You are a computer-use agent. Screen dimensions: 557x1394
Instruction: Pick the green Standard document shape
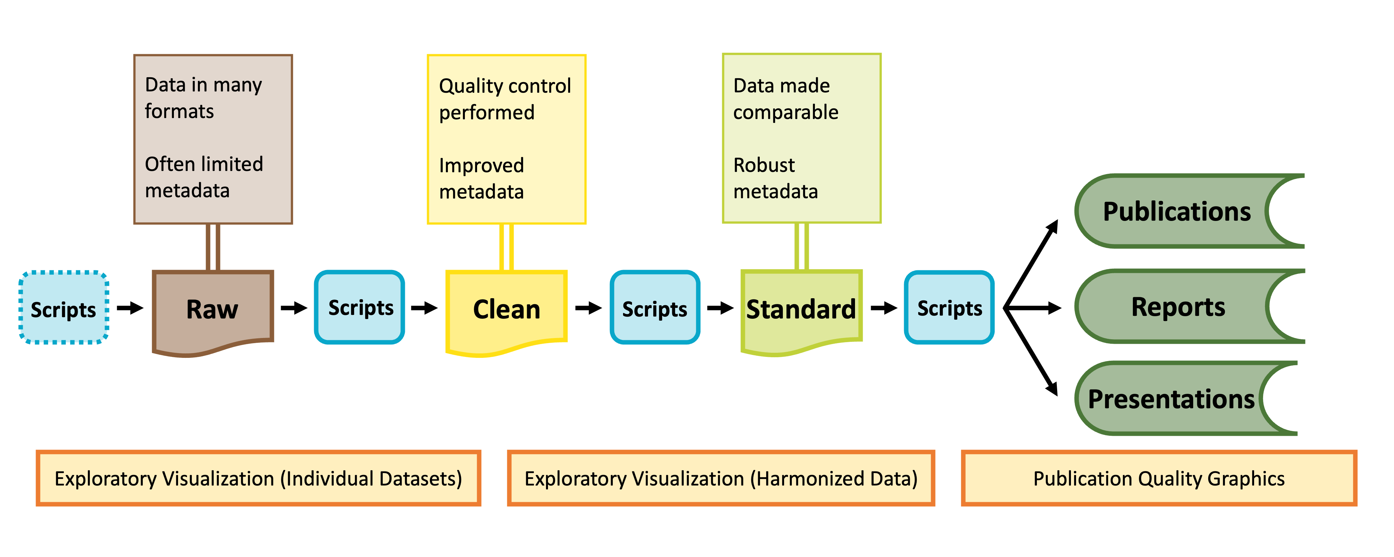click(801, 309)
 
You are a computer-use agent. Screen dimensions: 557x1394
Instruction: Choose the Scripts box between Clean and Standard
click(655, 308)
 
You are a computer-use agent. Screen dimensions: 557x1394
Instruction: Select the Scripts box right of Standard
click(949, 308)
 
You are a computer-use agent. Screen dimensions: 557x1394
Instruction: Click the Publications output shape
click(1177, 211)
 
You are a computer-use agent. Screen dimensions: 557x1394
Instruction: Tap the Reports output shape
click(1178, 307)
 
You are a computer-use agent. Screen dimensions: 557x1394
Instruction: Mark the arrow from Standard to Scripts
click(884, 308)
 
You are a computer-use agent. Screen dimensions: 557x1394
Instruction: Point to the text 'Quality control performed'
click(504, 99)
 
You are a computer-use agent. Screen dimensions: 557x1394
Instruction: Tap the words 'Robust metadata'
click(775, 178)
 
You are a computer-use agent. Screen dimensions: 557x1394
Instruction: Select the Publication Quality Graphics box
click(1159, 478)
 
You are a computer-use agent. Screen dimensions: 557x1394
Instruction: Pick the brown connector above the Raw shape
click(213, 247)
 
